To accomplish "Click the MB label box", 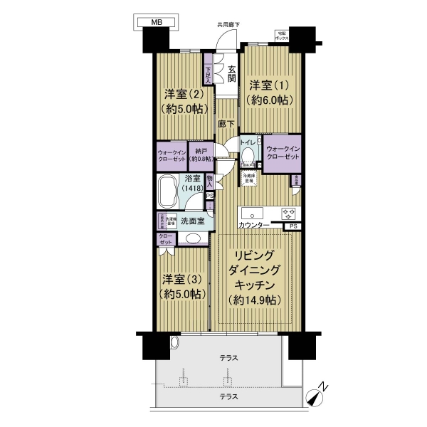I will pos(156,22).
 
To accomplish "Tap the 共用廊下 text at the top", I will pos(228,24).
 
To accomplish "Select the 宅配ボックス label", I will pos(282,36).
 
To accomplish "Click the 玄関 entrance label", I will pos(232,73).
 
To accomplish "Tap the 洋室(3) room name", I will pos(183,278).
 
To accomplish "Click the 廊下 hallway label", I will pos(227,122).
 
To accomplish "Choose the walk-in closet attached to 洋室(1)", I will pos(283,152).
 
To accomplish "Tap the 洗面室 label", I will pos(192,221).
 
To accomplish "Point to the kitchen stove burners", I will pos(288,213).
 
